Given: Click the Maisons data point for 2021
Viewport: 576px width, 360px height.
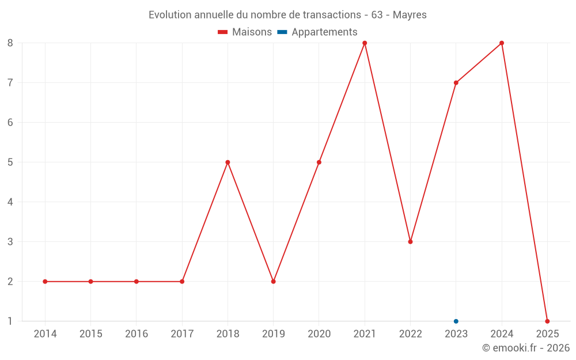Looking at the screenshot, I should (x=365, y=43).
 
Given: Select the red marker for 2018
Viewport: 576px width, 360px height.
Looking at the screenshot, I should (x=228, y=162).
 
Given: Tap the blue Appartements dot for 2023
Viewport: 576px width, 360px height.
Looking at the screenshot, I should (x=456, y=321).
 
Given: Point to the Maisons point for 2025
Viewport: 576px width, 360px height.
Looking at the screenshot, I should (x=547, y=321).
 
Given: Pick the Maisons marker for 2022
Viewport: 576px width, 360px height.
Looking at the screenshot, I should (x=410, y=242).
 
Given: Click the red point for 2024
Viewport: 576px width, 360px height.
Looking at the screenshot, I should (x=502, y=43).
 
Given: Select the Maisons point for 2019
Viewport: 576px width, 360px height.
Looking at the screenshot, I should (x=273, y=282).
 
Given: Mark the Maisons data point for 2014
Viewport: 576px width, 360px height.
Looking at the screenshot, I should (x=45, y=282).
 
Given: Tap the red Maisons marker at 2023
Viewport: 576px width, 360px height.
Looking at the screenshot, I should (x=456, y=82).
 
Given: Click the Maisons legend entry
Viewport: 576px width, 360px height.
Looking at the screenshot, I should (x=245, y=32).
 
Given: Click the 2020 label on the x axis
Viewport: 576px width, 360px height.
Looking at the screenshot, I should (x=319, y=334).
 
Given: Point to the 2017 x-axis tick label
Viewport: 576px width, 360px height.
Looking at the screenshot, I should (x=182, y=334).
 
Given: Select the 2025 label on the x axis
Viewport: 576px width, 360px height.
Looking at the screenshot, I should (x=547, y=334).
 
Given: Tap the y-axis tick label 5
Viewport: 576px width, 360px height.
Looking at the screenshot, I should (x=10, y=162).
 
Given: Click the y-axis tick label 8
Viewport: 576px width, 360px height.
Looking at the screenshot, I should (x=10, y=43).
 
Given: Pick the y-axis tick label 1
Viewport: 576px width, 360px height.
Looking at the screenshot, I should (x=10, y=321).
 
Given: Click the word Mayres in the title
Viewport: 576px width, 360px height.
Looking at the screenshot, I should (x=410, y=15).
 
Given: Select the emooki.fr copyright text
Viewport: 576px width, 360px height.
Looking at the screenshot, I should (x=525, y=348).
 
